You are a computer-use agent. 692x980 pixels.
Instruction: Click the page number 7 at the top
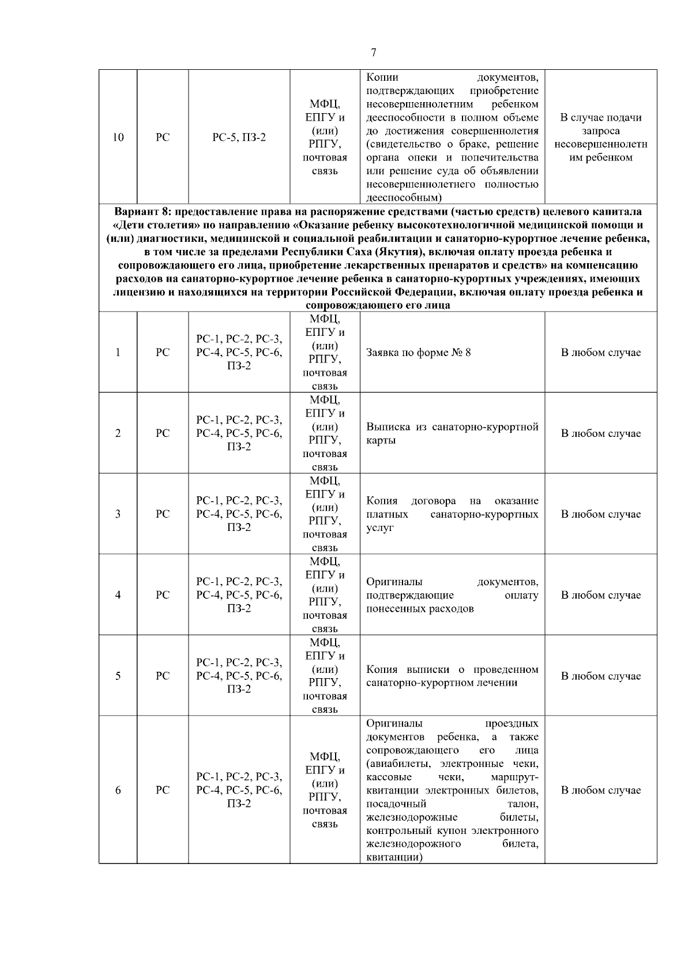click(373, 53)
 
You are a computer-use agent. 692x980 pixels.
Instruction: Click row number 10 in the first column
click(118, 137)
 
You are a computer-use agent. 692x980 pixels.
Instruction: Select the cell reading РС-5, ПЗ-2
click(239, 137)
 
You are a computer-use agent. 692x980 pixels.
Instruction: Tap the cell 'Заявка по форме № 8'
click(419, 353)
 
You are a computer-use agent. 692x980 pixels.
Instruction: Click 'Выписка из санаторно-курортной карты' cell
click(452, 433)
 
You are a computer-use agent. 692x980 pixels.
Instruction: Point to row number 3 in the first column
click(118, 514)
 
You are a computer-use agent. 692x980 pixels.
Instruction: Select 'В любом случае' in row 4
click(601, 595)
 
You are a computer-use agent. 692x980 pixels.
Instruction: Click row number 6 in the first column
click(118, 790)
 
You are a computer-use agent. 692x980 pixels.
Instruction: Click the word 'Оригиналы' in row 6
click(394, 724)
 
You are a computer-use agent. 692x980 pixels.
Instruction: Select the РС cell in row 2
click(163, 433)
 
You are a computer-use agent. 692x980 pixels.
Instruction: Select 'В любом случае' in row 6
click(601, 790)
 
